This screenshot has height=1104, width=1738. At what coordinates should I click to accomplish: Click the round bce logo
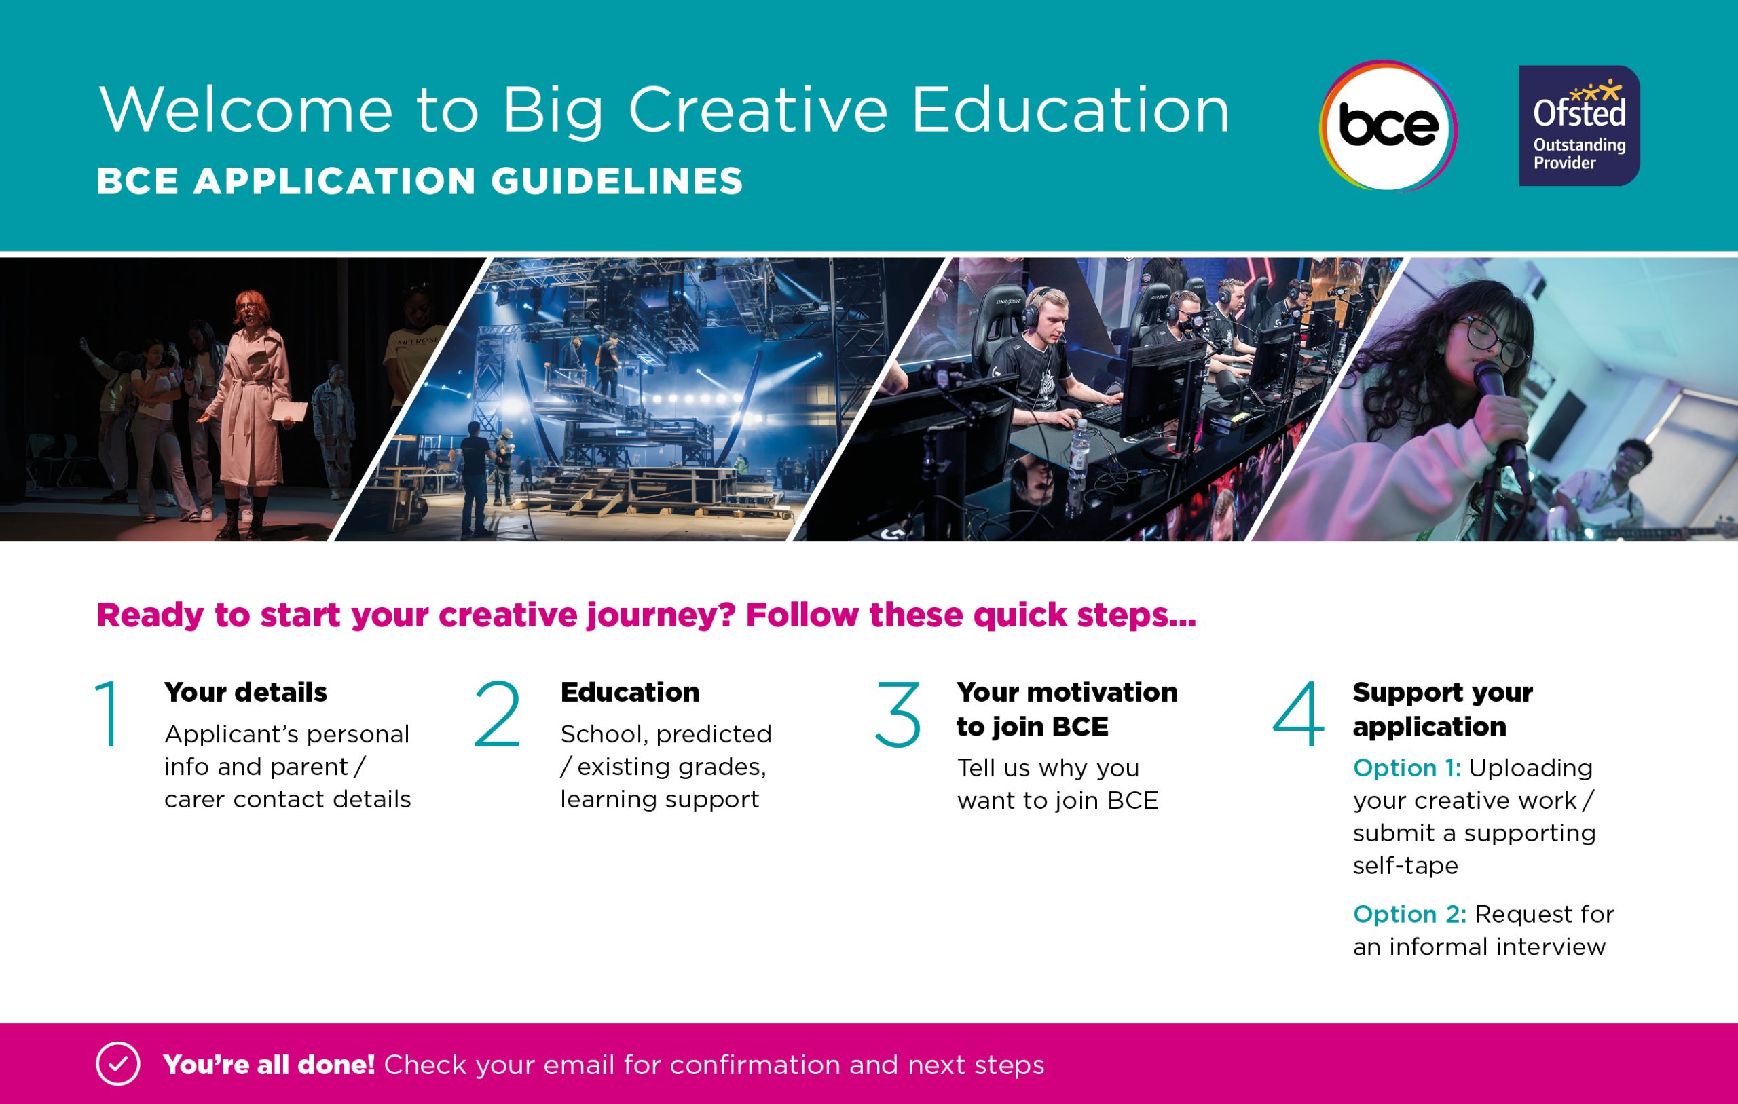click(x=1387, y=126)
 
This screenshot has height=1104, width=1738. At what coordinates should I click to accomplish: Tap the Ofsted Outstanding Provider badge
click(x=1579, y=126)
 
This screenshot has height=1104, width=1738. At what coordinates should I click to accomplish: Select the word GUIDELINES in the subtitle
click(x=617, y=181)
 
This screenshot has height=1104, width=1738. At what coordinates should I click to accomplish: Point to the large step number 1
click(x=108, y=714)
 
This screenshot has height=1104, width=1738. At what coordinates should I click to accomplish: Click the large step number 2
click(x=497, y=714)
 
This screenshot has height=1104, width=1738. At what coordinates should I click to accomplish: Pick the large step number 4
click(x=1297, y=714)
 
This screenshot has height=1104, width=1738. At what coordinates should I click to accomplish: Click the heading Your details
click(x=245, y=692)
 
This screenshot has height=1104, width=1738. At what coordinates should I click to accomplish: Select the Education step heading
click(x=630, y=692)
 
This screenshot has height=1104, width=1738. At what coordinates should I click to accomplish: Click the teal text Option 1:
click(x=1407, y=767)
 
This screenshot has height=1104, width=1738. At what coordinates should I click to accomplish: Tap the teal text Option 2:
click(x=1409, y=914)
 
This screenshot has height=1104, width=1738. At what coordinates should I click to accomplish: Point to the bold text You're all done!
click(x=270, y=1065)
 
